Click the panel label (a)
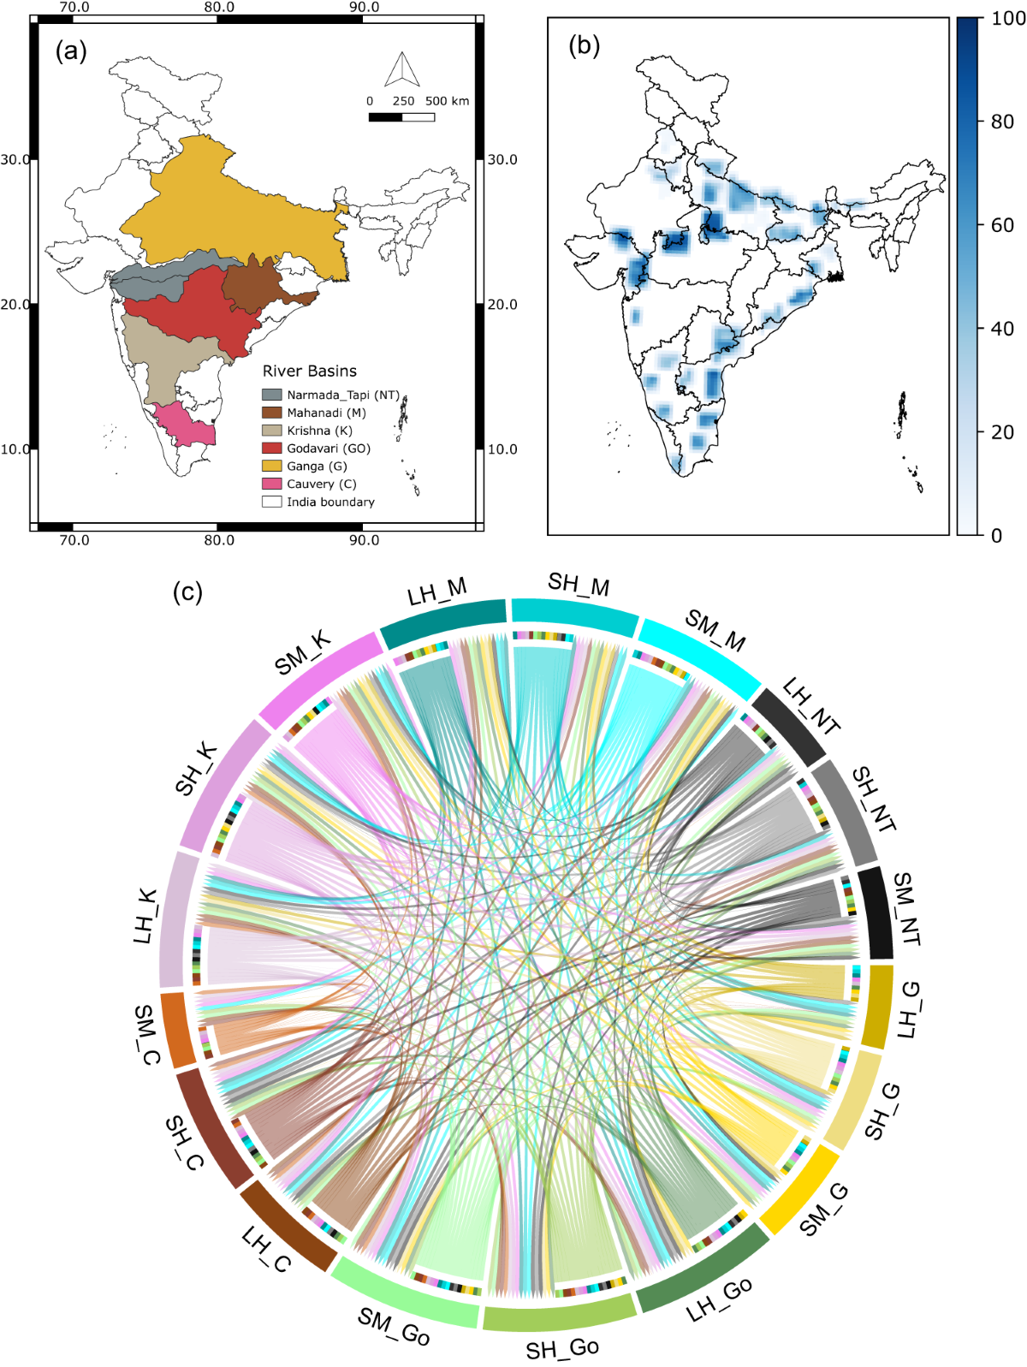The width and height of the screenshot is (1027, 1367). (x=71, y=51)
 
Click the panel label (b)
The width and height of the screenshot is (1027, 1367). (x=584, y=45)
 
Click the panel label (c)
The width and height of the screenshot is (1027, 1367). (x=187, y=591)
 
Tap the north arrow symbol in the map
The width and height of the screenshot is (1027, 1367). (x=401, y=70)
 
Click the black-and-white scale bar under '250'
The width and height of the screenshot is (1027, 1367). (x=401, y=116)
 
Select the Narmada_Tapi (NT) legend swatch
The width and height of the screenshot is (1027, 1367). (x=272, y=395)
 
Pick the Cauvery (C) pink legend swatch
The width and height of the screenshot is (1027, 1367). (x=272, y=484)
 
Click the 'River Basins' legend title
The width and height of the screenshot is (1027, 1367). (x=309, y=371)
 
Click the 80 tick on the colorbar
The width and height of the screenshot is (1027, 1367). (x=1002, y=122)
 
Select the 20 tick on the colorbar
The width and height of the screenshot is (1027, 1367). (x=1002, y=432)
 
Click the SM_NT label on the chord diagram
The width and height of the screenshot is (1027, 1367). (x=905, y=909)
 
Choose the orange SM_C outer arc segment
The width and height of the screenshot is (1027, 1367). (x=177, y=1030)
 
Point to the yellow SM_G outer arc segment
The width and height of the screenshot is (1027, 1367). (x=799, y=1189)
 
